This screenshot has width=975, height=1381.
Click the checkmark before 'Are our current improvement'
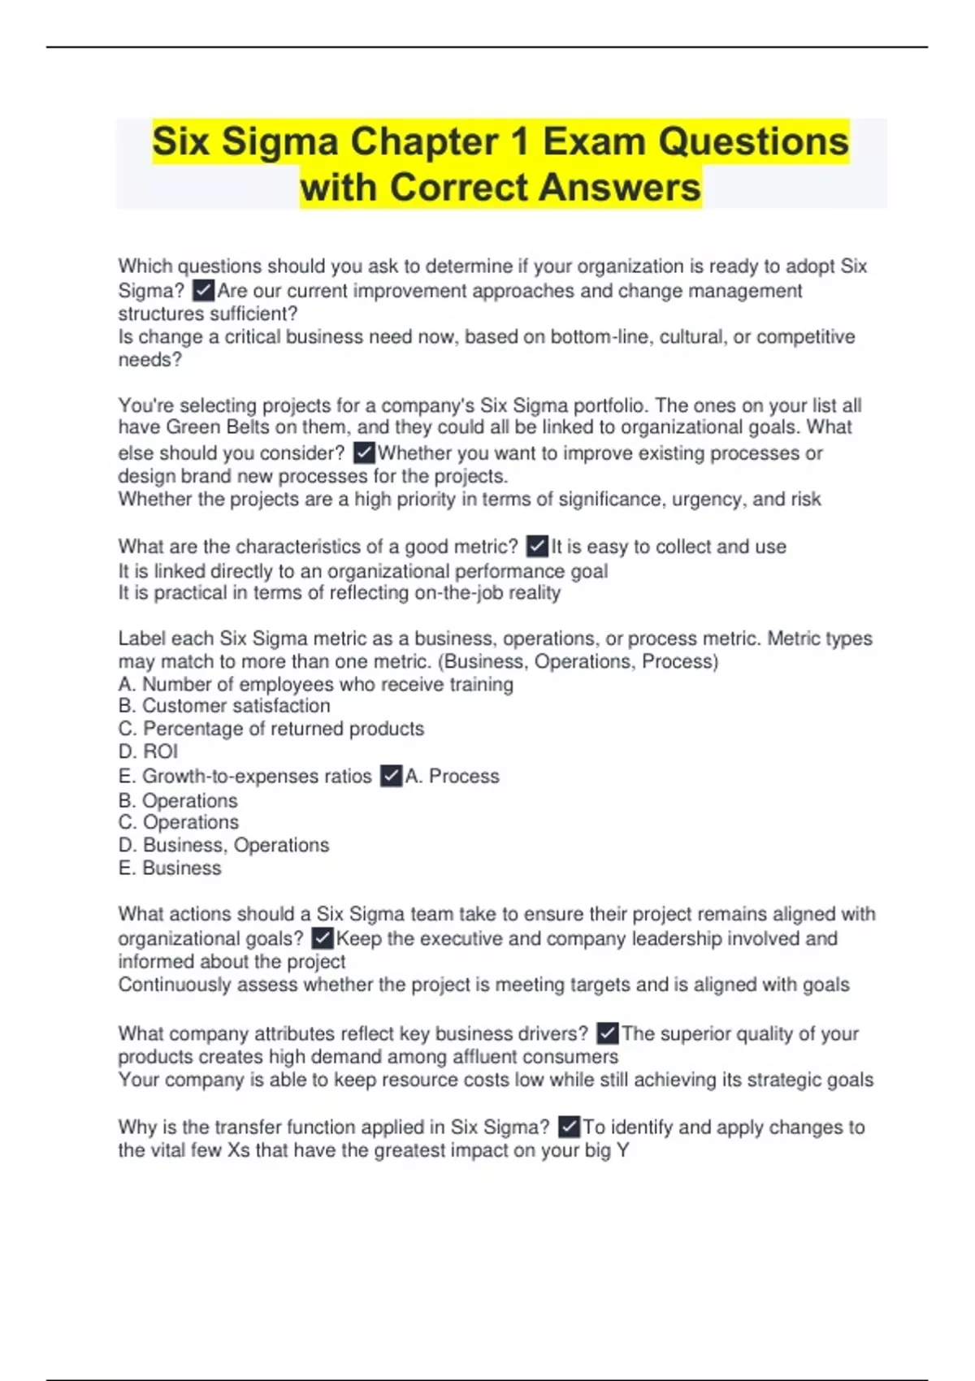click(203, 290)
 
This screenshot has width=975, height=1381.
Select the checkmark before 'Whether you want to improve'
click(364, 452)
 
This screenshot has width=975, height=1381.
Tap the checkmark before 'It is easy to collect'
click(537, 546)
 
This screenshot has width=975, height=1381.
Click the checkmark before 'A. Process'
click(391, 776)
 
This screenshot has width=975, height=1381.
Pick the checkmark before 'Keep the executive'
click(323, 938)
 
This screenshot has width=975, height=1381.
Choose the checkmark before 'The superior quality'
click(608, 1033)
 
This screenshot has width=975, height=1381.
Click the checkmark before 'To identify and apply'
click(569, 1127)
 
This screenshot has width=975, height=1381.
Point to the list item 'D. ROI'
click(148, 751)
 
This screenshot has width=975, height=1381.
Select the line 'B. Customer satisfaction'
click(224, 706)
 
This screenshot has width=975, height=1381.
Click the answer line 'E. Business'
click(170, 868)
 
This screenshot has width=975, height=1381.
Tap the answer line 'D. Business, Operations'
click(223, 845)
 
